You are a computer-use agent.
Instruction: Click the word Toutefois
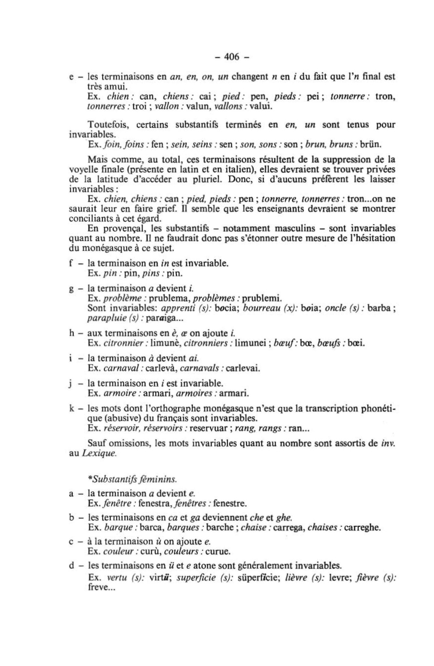[x=106, y=125]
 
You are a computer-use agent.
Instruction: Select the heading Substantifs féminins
[x=132, y=479]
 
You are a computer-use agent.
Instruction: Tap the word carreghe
[x=362, y=528]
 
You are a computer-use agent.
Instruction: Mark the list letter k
[x=71, y=409]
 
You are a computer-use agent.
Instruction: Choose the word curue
[x=218, y=552]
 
